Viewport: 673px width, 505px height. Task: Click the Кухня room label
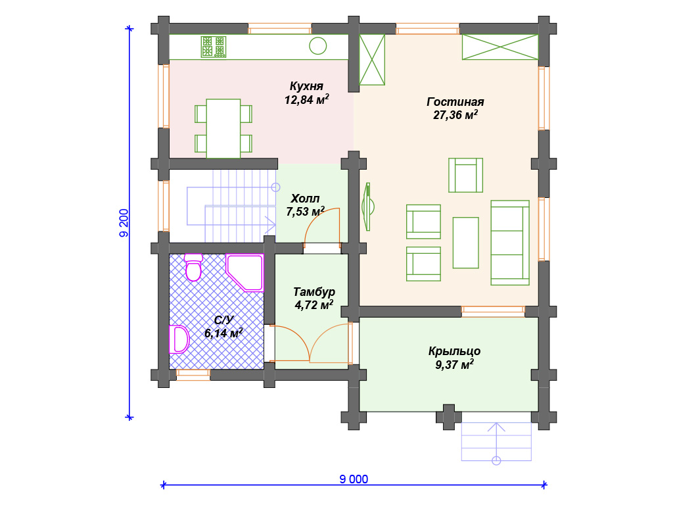(x=306, y=86)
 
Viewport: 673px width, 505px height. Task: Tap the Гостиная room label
(x=455, y=102)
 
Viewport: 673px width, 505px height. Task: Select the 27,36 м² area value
(x=455, y=114)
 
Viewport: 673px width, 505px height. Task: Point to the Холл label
(x=305, y=199)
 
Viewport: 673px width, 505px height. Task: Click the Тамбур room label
(x=314, y=292)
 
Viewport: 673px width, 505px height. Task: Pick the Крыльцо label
(x=455, y=351)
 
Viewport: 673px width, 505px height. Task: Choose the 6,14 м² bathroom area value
(x=223, y=333)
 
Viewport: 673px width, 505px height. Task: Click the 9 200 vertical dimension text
(x=124, y=223)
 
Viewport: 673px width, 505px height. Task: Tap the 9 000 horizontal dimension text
(x=354, y=479)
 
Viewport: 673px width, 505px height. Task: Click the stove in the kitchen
(x=214, y=47)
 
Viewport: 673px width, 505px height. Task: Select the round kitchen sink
(x=318, y=46)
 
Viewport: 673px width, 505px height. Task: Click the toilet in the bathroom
(x=194, y=267)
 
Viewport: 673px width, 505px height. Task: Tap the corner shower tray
(x=244, y=273)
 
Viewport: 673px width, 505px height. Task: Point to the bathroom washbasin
(x=179, y=339)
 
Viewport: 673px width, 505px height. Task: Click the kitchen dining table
(x=223, y=129)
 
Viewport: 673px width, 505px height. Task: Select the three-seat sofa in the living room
(x=510, y=243)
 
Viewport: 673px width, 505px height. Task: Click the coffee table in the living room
(x=466, y=243)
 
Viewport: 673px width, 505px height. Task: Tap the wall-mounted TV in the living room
(x=368, y=206)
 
